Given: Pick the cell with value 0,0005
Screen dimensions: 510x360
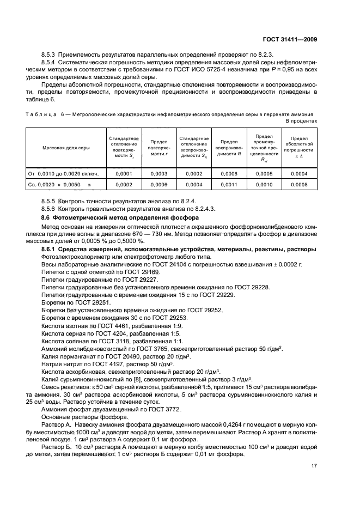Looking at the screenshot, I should tap(264, 174).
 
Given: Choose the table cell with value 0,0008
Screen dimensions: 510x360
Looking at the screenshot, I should tap(299, 185).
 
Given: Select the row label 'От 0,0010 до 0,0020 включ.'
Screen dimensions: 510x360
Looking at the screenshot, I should tap(63, 174).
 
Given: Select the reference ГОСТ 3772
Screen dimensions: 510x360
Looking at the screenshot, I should tap(163, 409).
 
